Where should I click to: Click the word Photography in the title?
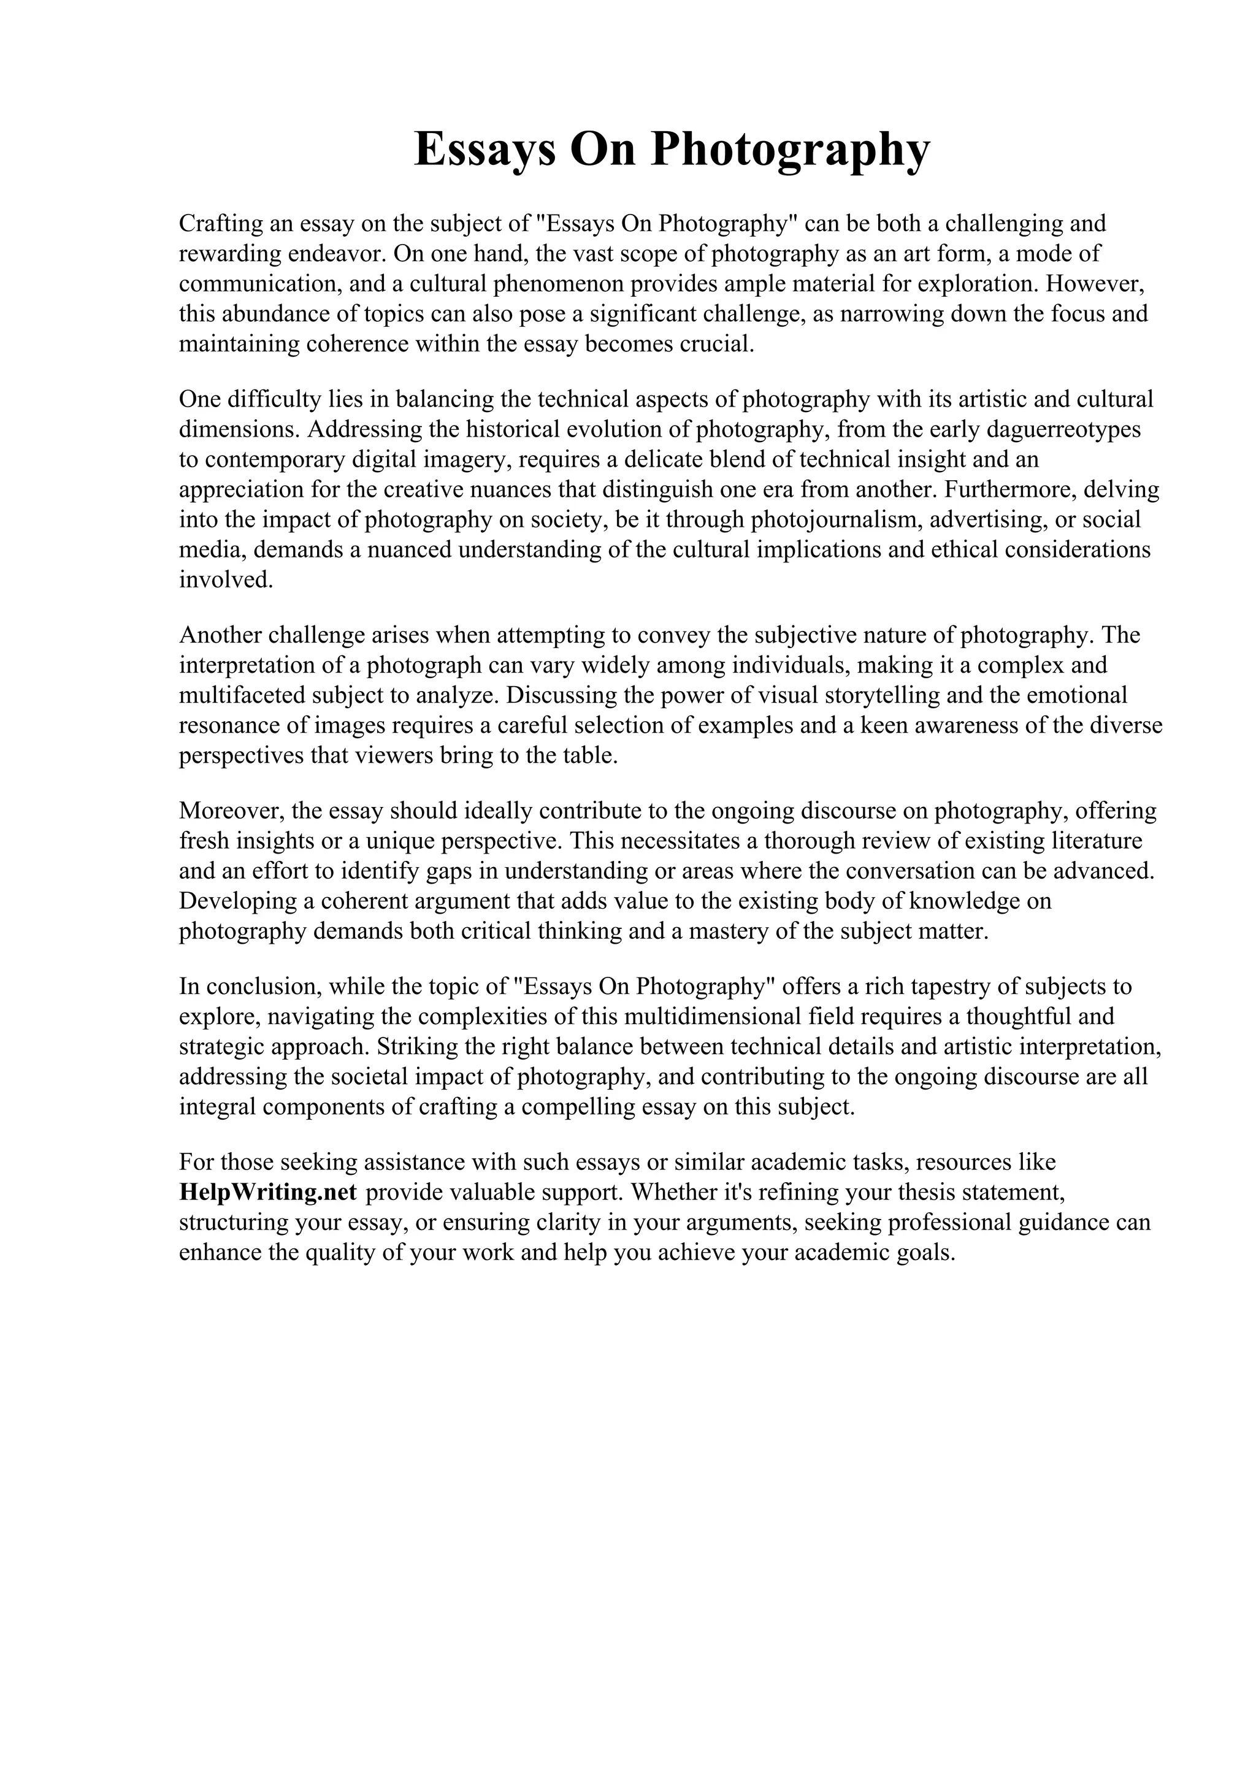[x=789, y=150]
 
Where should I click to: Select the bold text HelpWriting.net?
[x=268, y=1193]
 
